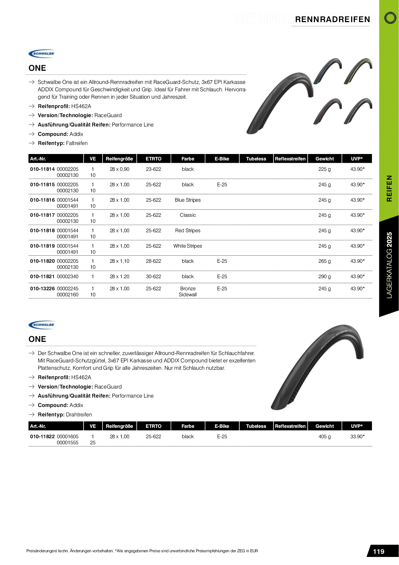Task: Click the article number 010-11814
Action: pyautogui.click(x=42, y=169)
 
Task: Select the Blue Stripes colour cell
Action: pyautogui.click(x=188, y=200)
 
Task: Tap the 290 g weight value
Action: pyautogui.click(x=324, y=276)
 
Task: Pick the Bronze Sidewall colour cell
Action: pyautogui.click(x=188, y=292)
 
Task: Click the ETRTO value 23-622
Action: pyautogui.click(x=153, y=169)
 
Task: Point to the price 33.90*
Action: pyautogui.click(x=357, y=436)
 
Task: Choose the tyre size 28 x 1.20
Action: pyautogui.click(x=119, y=276)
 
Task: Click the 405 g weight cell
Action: pyautogui.click(x=324, y=436)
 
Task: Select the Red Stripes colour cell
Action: pyautogui.click(x=188, y=230)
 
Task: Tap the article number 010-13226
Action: pyautogui.click(x=42, y=289)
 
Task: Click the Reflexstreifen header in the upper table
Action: pyautogui.click(x=290, y=159)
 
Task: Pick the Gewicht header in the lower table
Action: pyautogui.click(x=324, y=426)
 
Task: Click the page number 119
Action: pyautogui.click(x=379, y=552)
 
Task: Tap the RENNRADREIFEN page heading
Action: pyautogui.click(x=332, y=19)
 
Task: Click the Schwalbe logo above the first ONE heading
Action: pyautogui.click(x=42, y=53)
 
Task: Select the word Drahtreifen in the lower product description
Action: pyautogui.click(x=79, y=414)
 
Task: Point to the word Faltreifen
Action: pyautogui.click(x=77, y=143)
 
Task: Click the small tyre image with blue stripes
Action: pyautogui.click(x=327, y=70)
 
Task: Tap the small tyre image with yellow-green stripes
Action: pyautogui.click(x=358, y=70)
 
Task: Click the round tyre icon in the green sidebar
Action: pyautogui.click(x=390, y=18)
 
